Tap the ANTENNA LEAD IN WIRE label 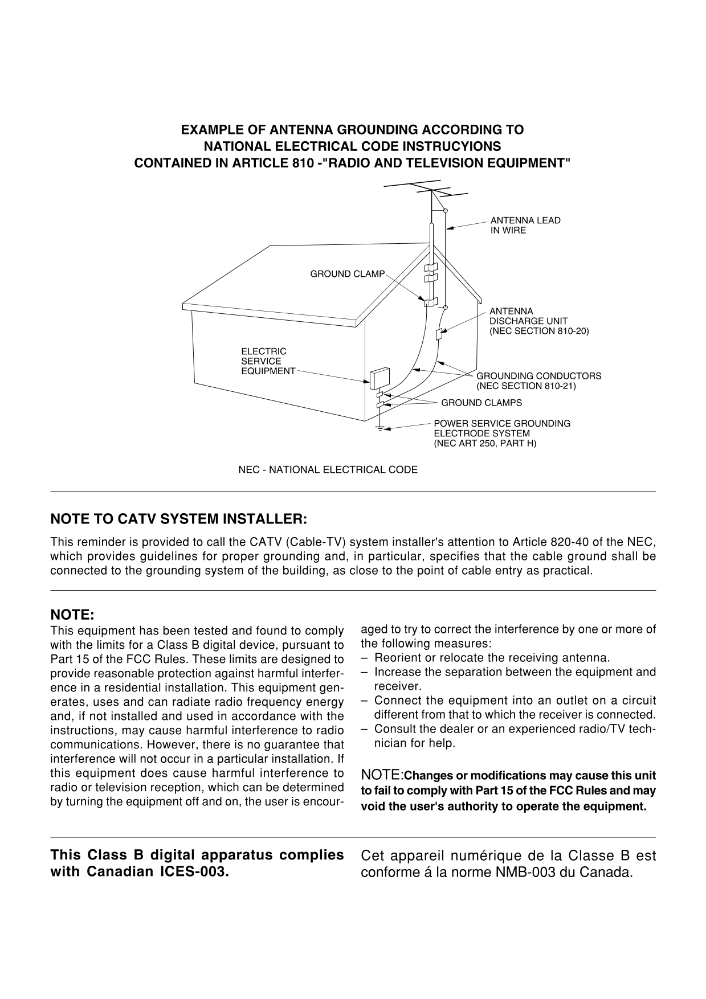pos(525,226)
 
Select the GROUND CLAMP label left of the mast pos(347,275)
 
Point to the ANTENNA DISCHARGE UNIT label pos(538,321)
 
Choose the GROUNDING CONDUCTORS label pos(538,381)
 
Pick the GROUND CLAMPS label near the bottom pos(481,403)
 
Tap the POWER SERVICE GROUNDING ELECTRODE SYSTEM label pos(501,433)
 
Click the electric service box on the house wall pos(377,378)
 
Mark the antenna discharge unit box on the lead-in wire pos(439,334)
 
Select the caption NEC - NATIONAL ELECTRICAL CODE pos(328,470)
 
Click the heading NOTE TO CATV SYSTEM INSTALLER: pos(179,519)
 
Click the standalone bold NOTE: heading pos(72,616)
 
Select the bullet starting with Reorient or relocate pos(492,658)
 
